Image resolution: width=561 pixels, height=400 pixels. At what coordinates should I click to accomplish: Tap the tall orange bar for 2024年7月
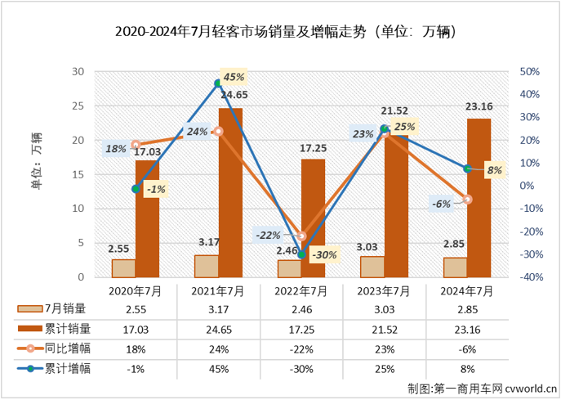(x=479, y=196)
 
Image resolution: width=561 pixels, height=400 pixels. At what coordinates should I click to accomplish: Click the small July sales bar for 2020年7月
(x=124, y=268)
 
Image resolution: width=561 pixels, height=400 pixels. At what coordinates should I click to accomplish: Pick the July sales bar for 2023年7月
(x=372, y=267)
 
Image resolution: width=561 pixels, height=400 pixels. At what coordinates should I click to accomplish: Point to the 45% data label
(x=234, y=77)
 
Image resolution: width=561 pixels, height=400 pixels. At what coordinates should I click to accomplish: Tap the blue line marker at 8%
(x=467, y=169)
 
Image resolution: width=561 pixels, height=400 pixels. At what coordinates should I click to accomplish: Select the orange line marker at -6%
(x=467, y=199)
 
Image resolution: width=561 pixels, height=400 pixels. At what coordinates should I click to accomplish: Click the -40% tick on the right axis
(x=528, y=277)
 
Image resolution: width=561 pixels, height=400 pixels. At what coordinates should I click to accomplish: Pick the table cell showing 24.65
(x=218, y=329)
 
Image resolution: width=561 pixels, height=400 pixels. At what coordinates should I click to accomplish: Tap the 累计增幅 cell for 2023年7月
(x=384, y=368)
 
